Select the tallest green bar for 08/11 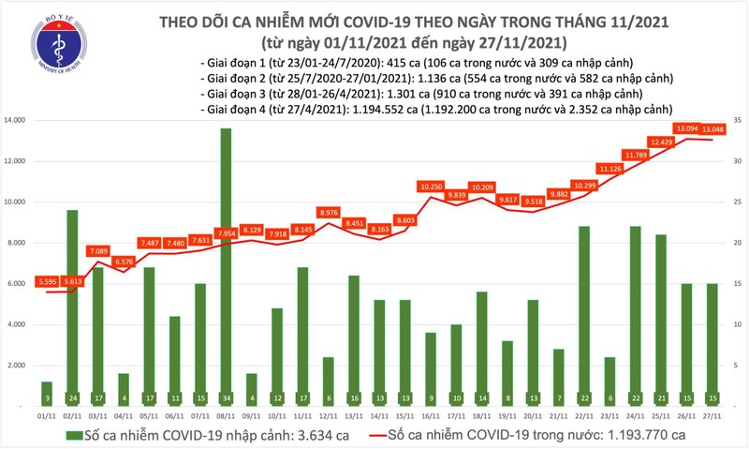(x=226, y=262)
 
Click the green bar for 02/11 (x=73, y=300)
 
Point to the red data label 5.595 (x=47, y=281)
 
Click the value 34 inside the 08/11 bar (x=226, y=397)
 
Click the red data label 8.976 (x=328, y=213)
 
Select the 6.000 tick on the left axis (x=20, y=283)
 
